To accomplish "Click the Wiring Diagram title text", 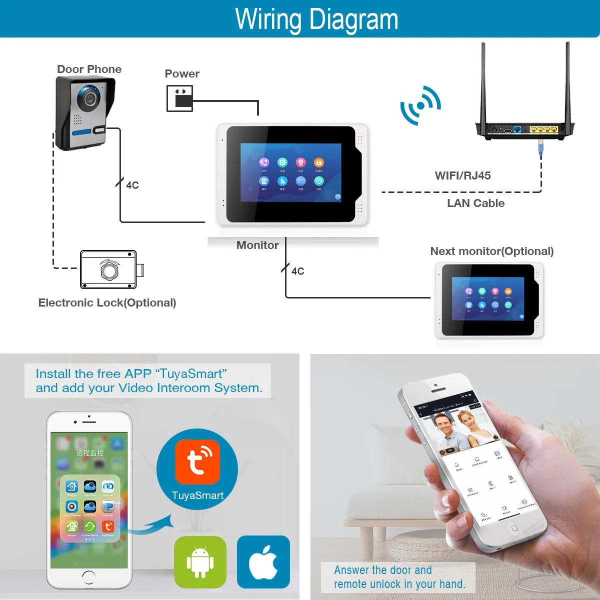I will [x=316, y=19].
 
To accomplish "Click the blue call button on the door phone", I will [x=82, y=132].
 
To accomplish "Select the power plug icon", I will [x=180, y=98].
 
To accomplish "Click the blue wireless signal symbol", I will [x=420, y=105].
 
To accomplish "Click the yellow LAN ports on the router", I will [x=544, y=129].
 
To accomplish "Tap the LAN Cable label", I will [x=475, y=203].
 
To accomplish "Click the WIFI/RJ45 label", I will [x=462, y=175].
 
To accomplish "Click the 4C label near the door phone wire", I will [x=132, y=185].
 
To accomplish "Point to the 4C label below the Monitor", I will [x=297, y=271].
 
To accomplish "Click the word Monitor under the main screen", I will [x=257, y=245].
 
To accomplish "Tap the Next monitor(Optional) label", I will [x=491, y=251].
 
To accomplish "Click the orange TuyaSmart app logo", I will [x=197, y=461].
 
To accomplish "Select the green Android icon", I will [x=200, y=561].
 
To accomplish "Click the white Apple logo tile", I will [x=263, y=561].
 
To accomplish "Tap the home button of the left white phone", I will [x=89, y=576].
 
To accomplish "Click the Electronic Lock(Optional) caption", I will [x=107, y=302].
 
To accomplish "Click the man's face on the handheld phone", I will [x=444, y=425].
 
